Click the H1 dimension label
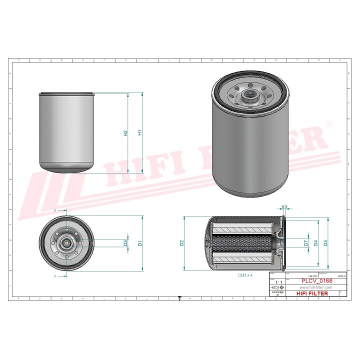click(140, 133)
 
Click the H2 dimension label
click(125, 133)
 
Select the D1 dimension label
click(140, 243)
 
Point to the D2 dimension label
click(182, 243)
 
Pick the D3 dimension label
click(325, 243)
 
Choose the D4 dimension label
click(315, 243)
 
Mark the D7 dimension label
click(305, 243)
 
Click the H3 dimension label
click(284, 206)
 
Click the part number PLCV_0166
click(316, 281)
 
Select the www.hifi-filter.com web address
click(316, 287)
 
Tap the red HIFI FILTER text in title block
click(313, 293)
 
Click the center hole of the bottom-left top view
click(66, 243)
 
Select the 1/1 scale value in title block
click(278, 282)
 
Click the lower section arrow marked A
click(55, 275)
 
